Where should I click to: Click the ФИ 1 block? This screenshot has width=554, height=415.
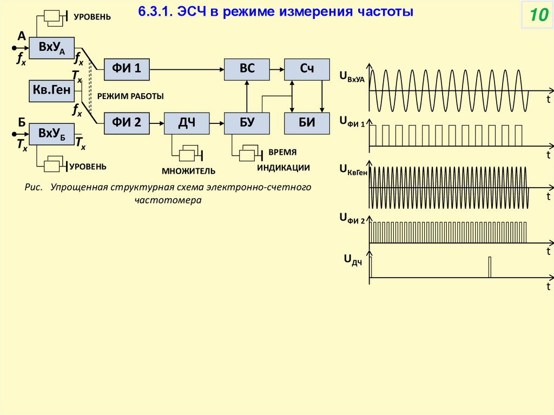tap(127, 68)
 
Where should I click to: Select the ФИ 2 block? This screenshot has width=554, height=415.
tap(127, 123)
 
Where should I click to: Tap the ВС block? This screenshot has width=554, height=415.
tap(247, 68)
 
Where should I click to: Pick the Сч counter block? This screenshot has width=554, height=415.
tap(307, 68)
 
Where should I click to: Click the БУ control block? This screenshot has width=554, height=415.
tap(247, 123)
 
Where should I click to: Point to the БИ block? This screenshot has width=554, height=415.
tap(307, 123)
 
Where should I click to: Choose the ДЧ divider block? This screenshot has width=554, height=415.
tap(187, 123)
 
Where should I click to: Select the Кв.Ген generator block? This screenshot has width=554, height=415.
tap(51, 91)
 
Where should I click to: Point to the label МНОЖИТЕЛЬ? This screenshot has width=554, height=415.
tap(188, 172)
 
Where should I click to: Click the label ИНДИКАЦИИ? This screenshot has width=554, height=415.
tap(283, 168)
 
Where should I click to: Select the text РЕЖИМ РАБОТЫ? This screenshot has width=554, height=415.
tap(130, 96)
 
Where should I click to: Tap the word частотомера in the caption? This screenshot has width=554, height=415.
tap(168, 200)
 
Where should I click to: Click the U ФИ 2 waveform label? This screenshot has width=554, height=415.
tap(352, 219)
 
